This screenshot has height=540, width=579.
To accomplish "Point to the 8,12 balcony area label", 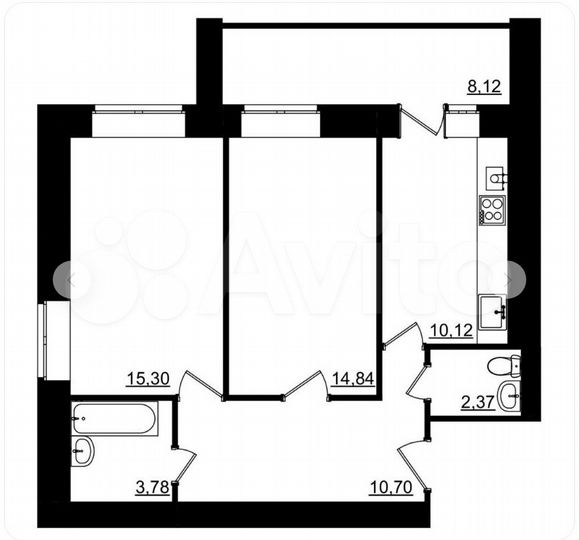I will (484, 87).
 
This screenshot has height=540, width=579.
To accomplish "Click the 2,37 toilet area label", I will (478, 403).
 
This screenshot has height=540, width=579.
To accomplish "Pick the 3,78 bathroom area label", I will (150, 487).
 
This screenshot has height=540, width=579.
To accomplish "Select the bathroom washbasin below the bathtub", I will (84, 451).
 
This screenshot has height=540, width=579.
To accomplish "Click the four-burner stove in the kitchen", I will (492, 211).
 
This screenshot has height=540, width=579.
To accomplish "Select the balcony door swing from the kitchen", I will (423, 121).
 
